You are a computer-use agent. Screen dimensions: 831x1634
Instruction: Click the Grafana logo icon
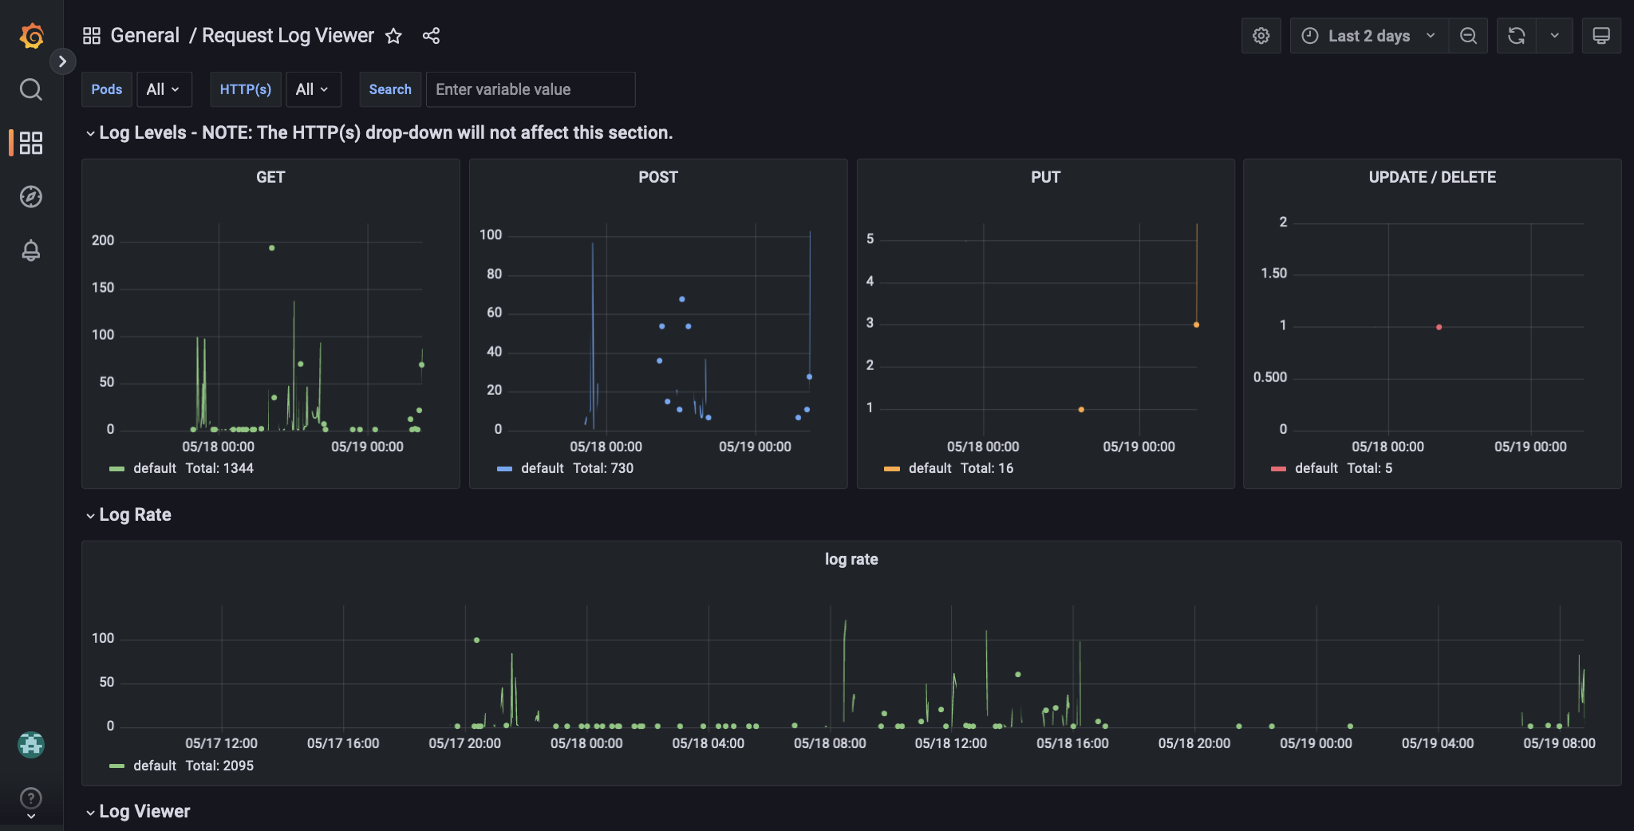31,36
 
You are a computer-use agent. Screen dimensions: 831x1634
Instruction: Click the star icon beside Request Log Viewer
393,36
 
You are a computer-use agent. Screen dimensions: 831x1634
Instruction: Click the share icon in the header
431,36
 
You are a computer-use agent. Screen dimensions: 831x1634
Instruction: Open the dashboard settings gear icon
1261,36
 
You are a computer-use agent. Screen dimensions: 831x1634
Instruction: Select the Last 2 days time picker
1368,36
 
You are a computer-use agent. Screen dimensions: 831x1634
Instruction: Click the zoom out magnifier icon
1468,36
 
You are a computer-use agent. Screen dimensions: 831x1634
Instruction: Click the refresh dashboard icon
1516,36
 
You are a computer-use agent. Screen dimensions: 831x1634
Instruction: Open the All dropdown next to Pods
164,89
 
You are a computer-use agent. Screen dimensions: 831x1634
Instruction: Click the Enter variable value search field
530,89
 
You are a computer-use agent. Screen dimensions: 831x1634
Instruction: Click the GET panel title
270,177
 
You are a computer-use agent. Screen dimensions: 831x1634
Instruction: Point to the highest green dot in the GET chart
272,248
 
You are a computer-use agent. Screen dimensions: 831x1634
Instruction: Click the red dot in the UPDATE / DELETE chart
1439,327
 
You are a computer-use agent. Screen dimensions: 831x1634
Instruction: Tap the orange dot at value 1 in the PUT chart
1081,409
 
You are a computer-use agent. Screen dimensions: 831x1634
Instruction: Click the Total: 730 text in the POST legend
603,468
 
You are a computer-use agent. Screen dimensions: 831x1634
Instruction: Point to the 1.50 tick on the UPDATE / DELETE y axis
1273,274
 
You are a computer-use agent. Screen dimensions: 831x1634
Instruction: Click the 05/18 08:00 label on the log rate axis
830,743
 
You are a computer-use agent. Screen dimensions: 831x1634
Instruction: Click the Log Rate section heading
135,514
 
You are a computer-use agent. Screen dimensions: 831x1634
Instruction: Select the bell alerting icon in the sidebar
31,250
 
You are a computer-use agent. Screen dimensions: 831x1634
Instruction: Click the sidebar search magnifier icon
31,89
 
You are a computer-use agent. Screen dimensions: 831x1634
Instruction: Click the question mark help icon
31,798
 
